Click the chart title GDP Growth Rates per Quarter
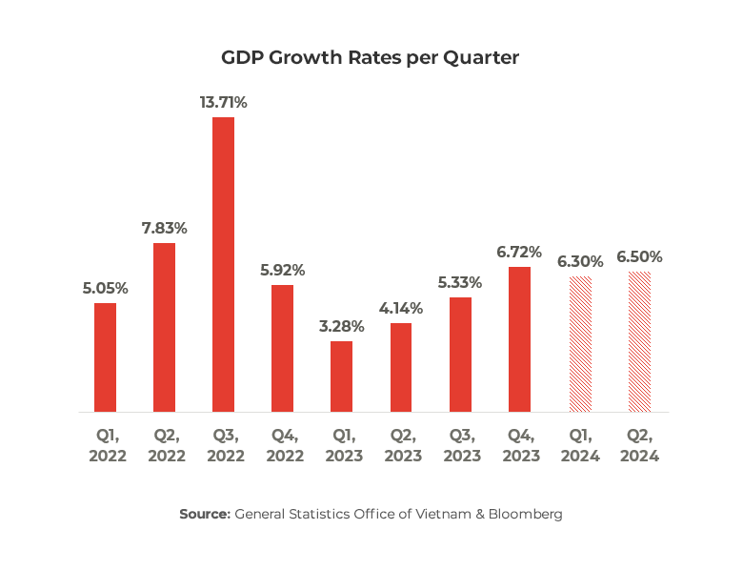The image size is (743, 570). [x=371, y=57]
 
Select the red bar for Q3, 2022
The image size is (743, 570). [x=223, y=264]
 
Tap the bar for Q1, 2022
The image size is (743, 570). [x=105, y=357]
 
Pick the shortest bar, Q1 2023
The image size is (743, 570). [x=341, y=377]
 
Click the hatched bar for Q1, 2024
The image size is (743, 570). [x=580, y=344]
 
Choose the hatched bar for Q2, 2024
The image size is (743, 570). [x=639, y=342]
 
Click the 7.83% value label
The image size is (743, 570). [x=164, y=229]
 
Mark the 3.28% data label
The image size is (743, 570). [x=341, y=326]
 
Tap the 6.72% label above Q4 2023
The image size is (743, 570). [x=519, y=252]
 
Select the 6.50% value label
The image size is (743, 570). [x=639, y=257]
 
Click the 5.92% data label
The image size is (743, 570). [x=282, y=270]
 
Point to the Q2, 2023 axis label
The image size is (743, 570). [x=401, y=445]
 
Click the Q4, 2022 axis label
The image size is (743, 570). [x=282, y=445]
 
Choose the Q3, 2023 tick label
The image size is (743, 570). [x=460, y=445]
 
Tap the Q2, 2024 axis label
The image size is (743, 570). [x=639, y=445]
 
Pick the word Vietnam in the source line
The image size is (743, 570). [x=433, y=515]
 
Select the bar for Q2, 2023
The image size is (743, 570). [x=401, y=367]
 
